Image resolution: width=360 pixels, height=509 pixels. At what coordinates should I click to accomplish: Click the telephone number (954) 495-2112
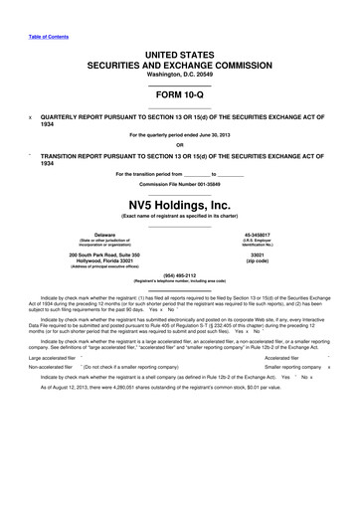click(180, 277)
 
